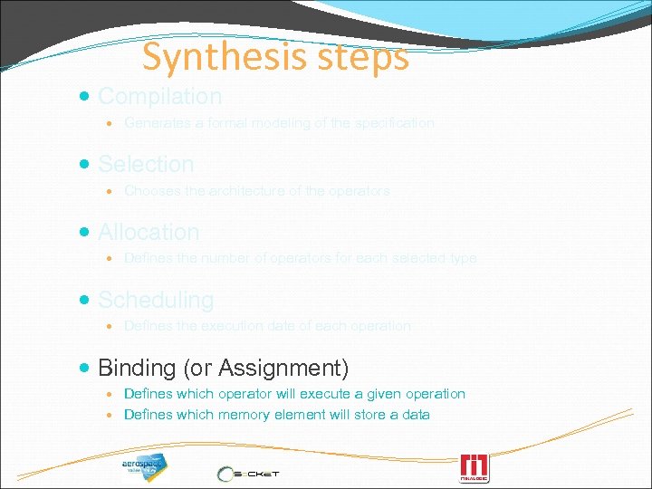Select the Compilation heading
[x=159, y=96]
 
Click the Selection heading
[x=146, y=164]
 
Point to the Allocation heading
[x=149, y=232]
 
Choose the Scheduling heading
[x=156, y=300]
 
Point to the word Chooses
[x=153, y=190]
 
